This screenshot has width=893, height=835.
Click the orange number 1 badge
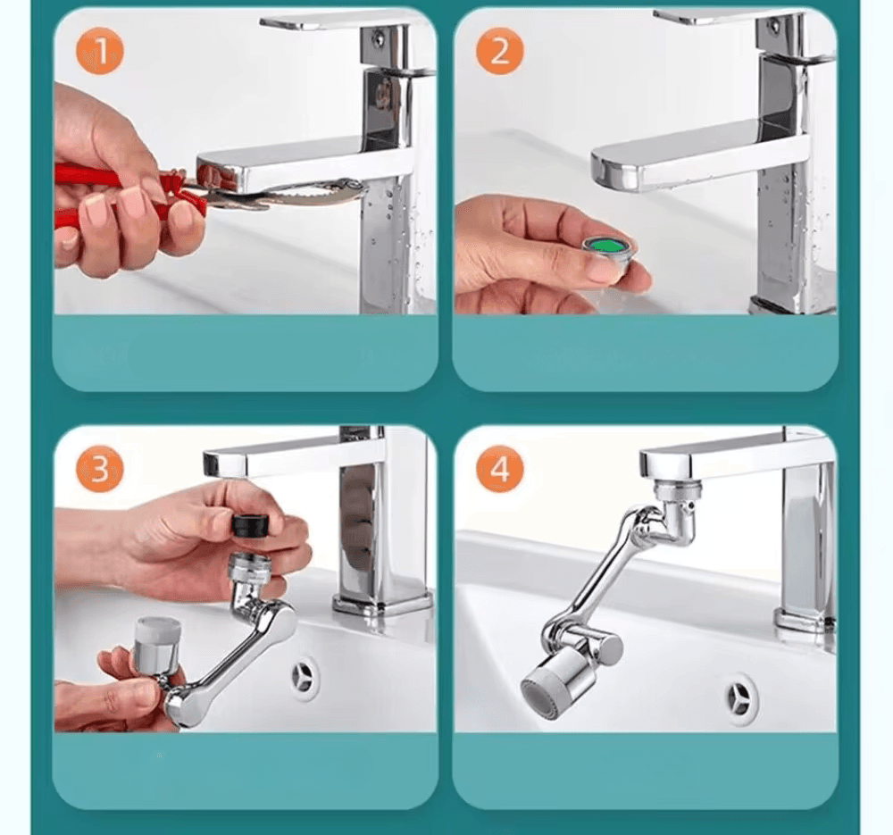[x=100, y=53]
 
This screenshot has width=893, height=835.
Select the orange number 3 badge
[x=100, y=469]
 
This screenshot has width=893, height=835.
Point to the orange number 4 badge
[x=499, y=469]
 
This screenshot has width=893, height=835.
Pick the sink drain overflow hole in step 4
[x=741, y=696]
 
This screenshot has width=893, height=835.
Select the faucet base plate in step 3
[x=382, y=604]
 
